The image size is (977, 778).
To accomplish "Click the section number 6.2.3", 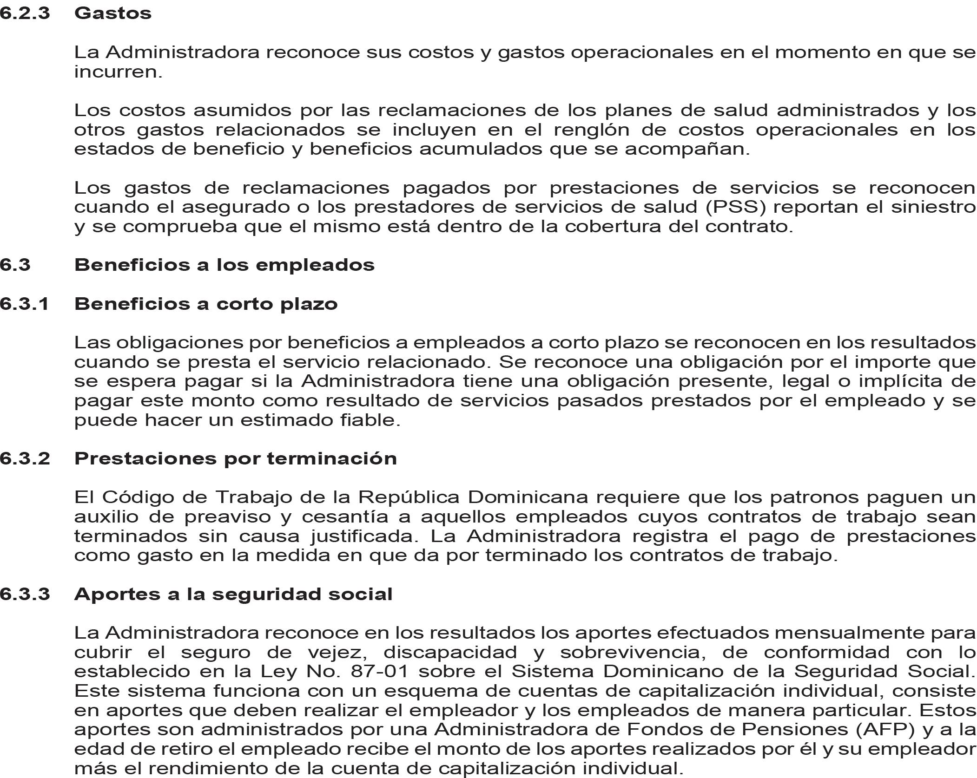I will (x=25, y=13).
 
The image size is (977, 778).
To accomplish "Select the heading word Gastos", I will (x=112, y=13).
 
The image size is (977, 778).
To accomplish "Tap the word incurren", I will (x=118, y=72).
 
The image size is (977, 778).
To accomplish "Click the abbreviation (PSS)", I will (x=735, y=207).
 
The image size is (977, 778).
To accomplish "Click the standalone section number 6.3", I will (x=15, y=265).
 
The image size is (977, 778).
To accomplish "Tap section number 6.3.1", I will (x=25, y=304).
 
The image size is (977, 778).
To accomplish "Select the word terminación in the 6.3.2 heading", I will (x=331, y=458).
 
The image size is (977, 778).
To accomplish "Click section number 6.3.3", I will (x=25, y=594).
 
